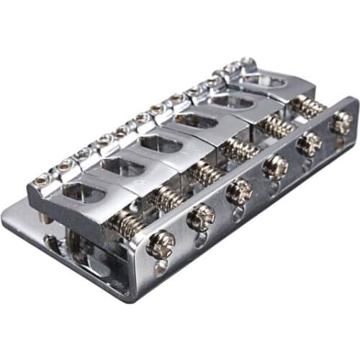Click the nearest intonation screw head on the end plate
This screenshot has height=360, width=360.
[x=160, y=244]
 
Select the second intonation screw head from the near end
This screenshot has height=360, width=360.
[x=201, y=217]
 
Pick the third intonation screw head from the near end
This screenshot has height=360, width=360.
[x=238, y=191]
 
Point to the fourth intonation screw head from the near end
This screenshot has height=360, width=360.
[x=275, y=167]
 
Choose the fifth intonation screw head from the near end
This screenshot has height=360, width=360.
[x=310, y=144]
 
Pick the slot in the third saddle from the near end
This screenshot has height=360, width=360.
[x=159, y=143]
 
